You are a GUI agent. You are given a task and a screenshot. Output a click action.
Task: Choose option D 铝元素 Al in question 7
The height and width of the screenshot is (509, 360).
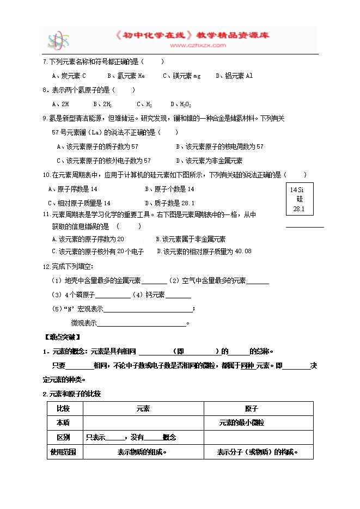[234, 76]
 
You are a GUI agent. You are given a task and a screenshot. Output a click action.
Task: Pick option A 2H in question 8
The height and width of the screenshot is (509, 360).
[60, 103]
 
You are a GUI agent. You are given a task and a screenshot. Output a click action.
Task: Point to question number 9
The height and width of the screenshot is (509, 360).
[46, 118]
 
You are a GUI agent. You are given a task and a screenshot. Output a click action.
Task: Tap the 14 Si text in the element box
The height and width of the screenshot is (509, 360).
[297, 189]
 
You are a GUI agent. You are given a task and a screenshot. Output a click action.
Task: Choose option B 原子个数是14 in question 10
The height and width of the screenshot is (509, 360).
[169, 189]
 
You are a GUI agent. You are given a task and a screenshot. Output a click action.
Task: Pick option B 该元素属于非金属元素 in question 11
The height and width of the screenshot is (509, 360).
[191, 239]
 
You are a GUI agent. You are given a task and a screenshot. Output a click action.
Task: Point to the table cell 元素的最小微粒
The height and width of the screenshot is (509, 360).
[241, 422]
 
